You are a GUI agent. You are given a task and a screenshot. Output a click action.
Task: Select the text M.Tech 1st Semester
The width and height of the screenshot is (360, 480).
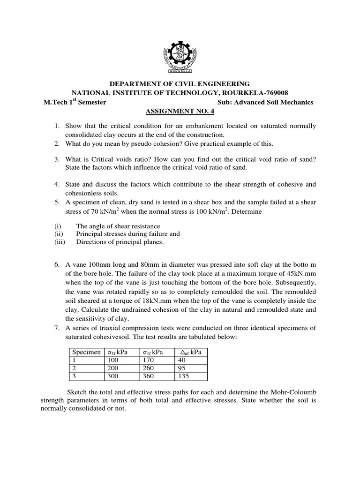point(75,102)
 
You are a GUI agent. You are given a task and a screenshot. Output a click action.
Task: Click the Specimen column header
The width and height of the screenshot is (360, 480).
point(85,352)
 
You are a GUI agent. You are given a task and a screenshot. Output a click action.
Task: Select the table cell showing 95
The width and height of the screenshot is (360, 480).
point(181,368)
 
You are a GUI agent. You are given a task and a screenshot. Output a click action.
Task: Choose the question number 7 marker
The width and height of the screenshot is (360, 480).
point(56,326)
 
